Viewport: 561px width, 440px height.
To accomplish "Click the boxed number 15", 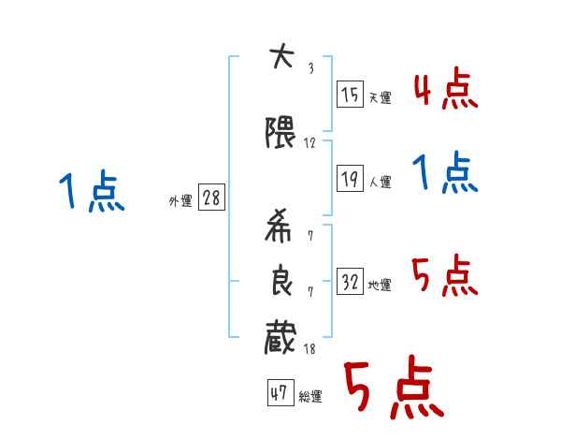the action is coord(350,95).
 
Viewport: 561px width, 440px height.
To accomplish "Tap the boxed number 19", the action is coord(350,180).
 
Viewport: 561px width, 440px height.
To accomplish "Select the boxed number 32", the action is coord(350,283).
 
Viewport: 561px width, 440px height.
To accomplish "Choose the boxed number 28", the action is coord(210,198).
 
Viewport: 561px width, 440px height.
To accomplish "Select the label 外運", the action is coord(180,201).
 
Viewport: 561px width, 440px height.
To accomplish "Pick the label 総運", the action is coord(310,397).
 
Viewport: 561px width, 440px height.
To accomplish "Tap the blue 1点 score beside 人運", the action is coord(445,173).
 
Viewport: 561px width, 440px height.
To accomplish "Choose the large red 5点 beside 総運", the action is coord(393,390).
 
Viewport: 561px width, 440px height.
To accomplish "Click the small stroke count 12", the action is coord(310,143).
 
